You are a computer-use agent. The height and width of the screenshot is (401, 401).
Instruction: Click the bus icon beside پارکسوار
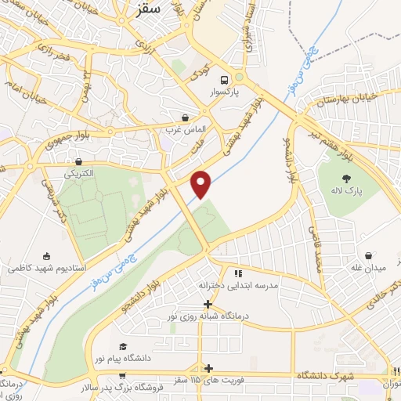point(225,80)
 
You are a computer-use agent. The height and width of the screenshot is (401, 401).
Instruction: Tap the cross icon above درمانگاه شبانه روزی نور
point(208,304)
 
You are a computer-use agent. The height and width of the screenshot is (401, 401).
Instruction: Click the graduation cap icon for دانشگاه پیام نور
point(121,346)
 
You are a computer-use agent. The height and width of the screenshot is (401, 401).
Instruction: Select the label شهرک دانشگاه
point(326,377)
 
